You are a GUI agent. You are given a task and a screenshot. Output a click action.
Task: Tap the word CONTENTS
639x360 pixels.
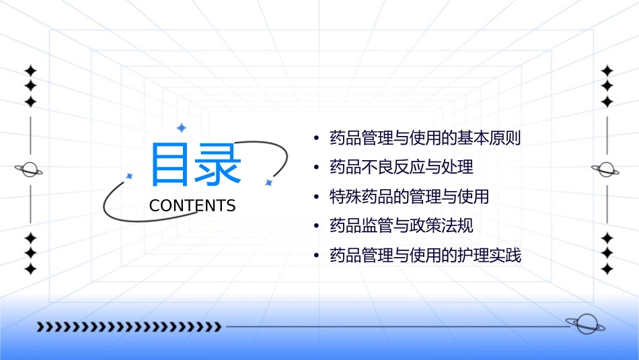pos(192,206)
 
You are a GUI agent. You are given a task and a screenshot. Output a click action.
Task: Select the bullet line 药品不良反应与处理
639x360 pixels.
pos(402,168)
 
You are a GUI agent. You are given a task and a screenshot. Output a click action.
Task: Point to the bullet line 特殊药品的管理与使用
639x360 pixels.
pos(409,197)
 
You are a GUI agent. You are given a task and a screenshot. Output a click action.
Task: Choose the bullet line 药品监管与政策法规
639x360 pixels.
pos(402,226)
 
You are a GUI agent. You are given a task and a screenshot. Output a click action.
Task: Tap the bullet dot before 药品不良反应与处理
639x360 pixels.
pos(315,168)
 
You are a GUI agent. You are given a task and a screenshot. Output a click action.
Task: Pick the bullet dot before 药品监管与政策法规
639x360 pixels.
pos(315,226)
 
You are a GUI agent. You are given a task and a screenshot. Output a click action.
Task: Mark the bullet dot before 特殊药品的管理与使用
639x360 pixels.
pos(315,197)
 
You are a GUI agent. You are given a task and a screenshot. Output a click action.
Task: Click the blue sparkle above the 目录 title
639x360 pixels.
pos(181,128)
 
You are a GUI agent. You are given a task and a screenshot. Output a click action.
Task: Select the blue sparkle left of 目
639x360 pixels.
pos(130,176)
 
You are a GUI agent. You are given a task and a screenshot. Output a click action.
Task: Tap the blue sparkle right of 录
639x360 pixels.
pos(268,182)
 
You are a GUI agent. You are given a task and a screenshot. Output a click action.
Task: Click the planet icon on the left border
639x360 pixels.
pos(30,170)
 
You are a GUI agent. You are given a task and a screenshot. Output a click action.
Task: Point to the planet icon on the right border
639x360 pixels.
pos(607,170)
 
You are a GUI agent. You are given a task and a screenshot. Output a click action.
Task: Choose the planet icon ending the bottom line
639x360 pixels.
pos(585,324)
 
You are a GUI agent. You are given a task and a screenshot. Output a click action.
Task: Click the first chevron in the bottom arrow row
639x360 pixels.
pos(40,327)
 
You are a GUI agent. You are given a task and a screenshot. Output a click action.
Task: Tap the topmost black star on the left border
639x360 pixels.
pos(30,71)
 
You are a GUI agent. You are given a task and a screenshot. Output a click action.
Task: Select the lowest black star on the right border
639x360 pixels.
pos(607,268)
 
